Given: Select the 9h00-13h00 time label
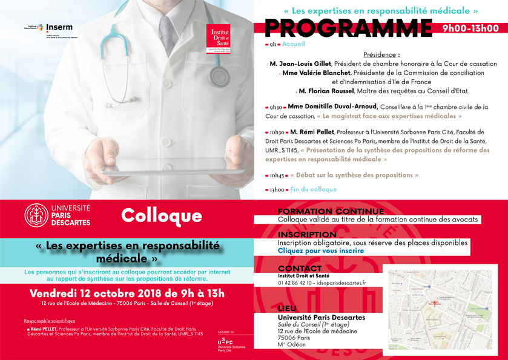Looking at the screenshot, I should [470, 28].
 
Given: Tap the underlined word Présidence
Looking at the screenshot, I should [381, 54].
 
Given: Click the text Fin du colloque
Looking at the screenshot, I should [313, 189].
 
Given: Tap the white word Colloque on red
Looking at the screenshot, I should [161, 215].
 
